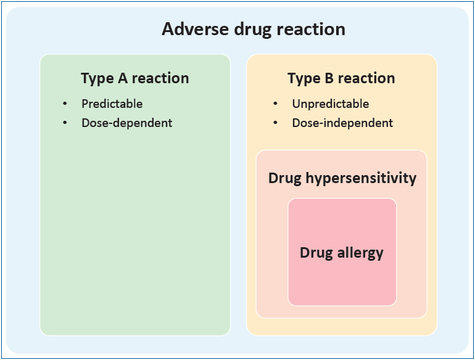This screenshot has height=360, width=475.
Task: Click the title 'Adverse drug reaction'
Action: click(x=254, y=30)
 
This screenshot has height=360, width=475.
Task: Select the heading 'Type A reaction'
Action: click(x=135, y=78)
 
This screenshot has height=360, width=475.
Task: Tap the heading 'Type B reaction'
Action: click(x=341, y=78)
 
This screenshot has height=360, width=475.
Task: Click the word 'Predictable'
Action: click(x=112, y=104)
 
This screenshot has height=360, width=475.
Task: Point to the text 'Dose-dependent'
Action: click(x=127, y=123)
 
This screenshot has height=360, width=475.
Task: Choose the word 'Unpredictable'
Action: click(x=331, y=104)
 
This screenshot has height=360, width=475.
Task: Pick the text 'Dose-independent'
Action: click(x=342, y=123)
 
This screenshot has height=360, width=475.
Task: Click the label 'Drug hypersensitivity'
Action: click(x=342, y=178)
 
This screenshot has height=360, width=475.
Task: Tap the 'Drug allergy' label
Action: click(x=342, y=253)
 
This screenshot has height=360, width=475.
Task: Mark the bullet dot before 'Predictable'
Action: click(x=65, y=104)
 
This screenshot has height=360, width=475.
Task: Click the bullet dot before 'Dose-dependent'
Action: click(x=65, y=123)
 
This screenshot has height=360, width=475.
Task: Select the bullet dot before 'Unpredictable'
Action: click(x=275, y=104)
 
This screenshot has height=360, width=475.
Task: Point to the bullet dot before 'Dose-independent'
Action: click(x=275, y=123)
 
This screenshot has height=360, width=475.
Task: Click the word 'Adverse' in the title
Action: click(x=196, y=29)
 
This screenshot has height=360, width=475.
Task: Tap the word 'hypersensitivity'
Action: click(x=361, y=178)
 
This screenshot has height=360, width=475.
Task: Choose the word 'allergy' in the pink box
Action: click(x=360, y=253)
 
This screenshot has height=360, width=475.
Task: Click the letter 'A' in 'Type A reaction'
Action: click(x=123, y=78)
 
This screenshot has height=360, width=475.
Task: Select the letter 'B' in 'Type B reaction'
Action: click(x=329, y=78)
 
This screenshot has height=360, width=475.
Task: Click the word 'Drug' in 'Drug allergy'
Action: click(x=316, y=253)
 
